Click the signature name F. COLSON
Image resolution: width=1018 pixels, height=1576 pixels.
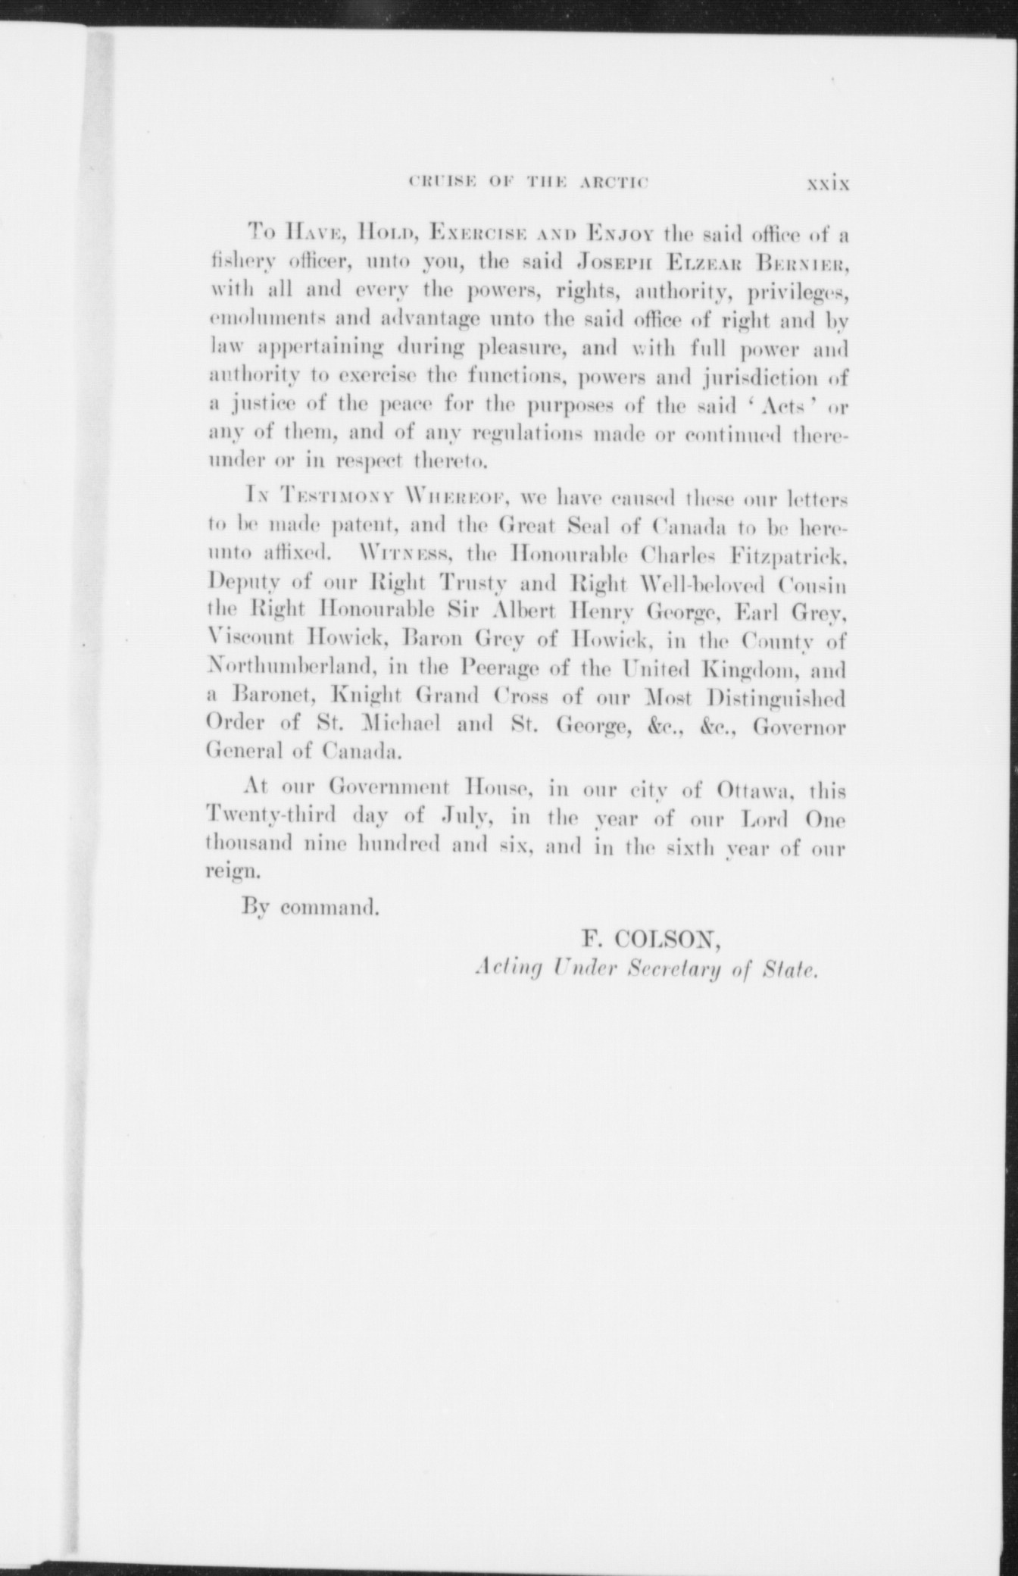click(x=649, y=940)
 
